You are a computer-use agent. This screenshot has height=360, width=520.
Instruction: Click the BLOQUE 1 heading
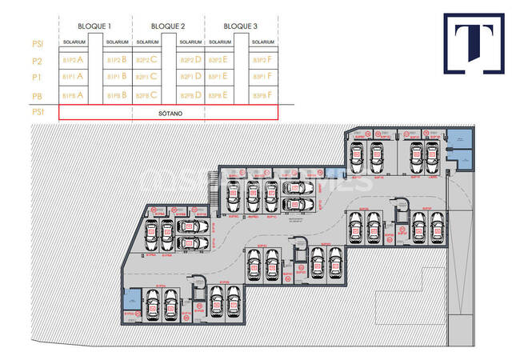coord(94,26)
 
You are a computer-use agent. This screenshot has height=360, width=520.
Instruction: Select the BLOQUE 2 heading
coord(168,26)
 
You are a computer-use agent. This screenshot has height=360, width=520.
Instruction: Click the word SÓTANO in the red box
coord(169,114)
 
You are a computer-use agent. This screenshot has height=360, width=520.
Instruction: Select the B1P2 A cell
coord(73,60)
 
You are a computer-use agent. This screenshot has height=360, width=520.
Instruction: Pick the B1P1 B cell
coord(117,77)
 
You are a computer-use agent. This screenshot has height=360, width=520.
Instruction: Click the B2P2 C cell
coord(146,60)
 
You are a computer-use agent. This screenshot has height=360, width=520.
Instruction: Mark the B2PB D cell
coord(190,94)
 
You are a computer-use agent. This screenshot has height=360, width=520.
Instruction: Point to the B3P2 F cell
coord(263,60)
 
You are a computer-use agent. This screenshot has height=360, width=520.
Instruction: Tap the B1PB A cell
coord(73,94)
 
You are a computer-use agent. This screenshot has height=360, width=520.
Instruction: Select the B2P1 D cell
coord(190,77)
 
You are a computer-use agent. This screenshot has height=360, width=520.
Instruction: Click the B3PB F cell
coord(263,94)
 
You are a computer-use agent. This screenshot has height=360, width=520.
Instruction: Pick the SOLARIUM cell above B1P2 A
coord(73,42)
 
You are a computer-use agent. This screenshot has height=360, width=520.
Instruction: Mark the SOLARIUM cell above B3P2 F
coord(263,42)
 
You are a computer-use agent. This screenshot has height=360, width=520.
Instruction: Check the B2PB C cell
coord(146,94)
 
